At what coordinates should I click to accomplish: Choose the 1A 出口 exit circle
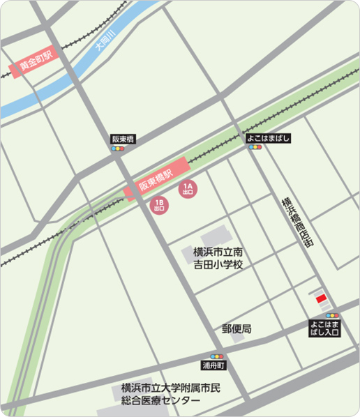(188, 189)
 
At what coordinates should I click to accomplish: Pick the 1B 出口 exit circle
(159, 204)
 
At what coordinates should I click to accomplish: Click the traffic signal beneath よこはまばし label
(255, 148)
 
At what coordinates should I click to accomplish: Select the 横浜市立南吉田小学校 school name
(218, 258)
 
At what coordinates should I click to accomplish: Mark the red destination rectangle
(320, 298)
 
